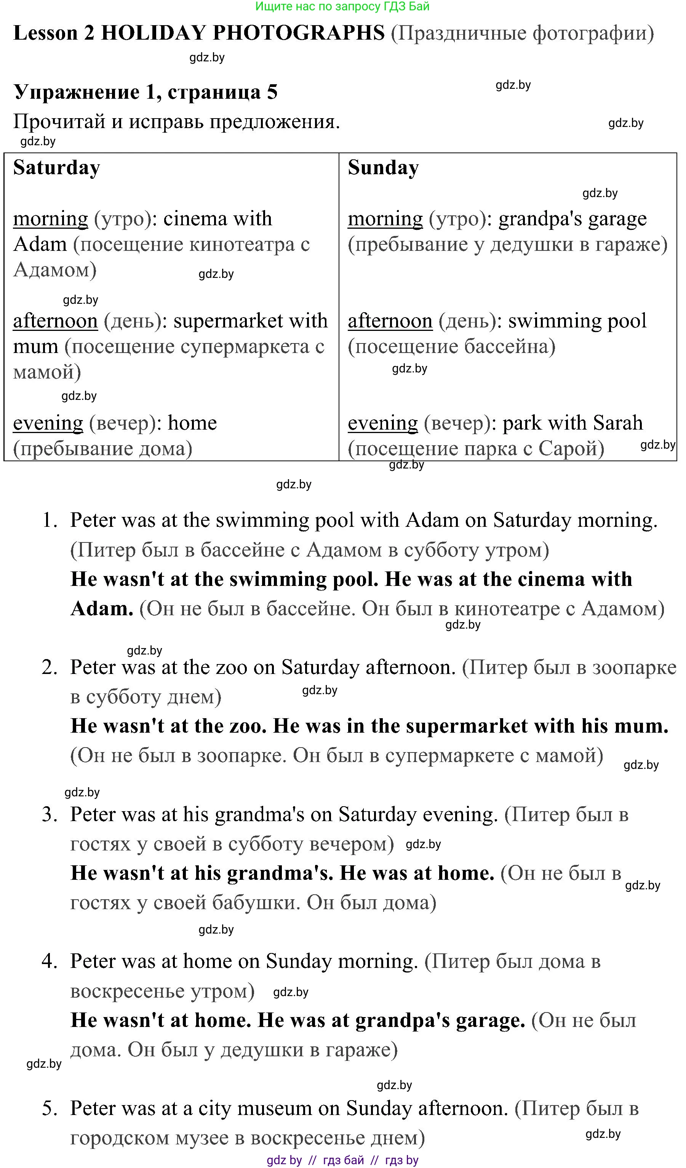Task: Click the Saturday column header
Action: click(56, 168)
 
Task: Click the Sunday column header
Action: click(383, 168)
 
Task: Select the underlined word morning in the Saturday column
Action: click(51, 219)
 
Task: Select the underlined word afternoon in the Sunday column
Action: click(390, 321)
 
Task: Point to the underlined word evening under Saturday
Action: click(48, 423)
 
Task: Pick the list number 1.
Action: click(49, 520)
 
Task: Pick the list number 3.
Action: click(49, 814)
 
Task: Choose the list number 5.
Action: click(49, 1108)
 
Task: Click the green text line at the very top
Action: click(342, 6)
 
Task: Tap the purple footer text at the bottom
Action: click(342, 1160)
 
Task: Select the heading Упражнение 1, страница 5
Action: click(146, 92)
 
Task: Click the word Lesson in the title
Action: click(45, 33)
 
